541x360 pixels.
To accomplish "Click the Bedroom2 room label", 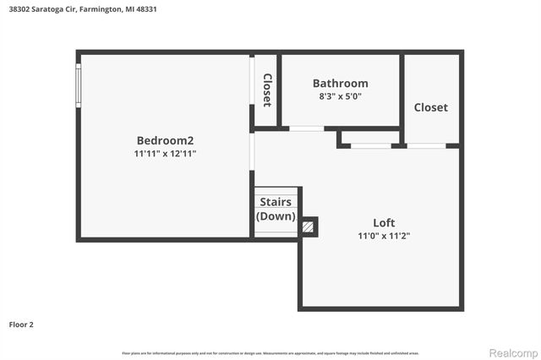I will (x=166, y=140).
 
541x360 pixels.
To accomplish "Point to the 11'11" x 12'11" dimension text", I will (x=166, y=154).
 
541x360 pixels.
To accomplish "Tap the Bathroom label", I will (x=340, y=83).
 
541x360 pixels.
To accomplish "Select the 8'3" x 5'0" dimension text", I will (x=340, y=96).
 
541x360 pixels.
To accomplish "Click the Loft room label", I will (x=385, y=223).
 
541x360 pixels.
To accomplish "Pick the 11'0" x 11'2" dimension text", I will (x=385, y=237).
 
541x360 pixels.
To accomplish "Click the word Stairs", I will (x=276, y=202).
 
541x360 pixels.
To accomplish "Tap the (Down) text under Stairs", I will (x=276, y=216).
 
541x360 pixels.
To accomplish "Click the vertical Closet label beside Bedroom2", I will (x=266, y=90).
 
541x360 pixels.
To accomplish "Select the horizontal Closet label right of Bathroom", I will (x=430, y=107).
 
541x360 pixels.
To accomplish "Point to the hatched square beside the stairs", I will (x=309, y=226).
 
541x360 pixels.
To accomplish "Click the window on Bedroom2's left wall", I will (x=79, y=85).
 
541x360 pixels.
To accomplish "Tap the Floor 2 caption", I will (x=21, y=324).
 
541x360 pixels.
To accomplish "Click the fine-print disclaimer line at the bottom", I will (x=270, y=352).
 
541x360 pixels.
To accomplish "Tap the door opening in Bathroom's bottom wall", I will (x=305, y=128).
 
